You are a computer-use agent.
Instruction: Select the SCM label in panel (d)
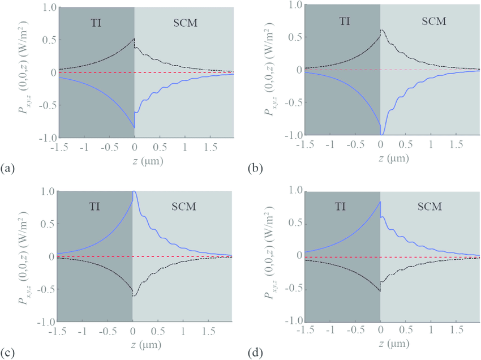[433, 205]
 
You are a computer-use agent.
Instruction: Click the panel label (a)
[8, 168]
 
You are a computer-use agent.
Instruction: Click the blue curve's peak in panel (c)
[134, 192]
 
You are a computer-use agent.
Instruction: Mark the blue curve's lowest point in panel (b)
[383, 134]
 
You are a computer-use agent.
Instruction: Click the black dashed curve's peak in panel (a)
[134, 39]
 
